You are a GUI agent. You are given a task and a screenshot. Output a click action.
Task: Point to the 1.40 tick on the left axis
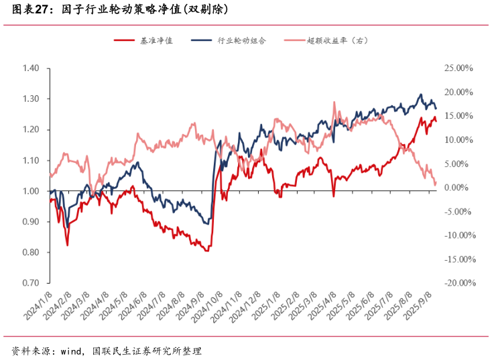tap(31, 68)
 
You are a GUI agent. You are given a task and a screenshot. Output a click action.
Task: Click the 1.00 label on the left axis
tap(31, 191)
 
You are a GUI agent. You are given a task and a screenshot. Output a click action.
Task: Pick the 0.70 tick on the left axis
tap(31, 283)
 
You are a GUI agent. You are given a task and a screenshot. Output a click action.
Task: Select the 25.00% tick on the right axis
tap(458, 68)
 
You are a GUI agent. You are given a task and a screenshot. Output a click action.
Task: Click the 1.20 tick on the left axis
tap(31, 129)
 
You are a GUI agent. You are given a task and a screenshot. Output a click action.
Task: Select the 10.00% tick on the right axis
tap(458, 140)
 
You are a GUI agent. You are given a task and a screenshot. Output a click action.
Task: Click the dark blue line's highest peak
tap(421, 95)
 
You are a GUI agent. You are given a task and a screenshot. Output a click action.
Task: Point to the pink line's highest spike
tap(334, 103)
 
